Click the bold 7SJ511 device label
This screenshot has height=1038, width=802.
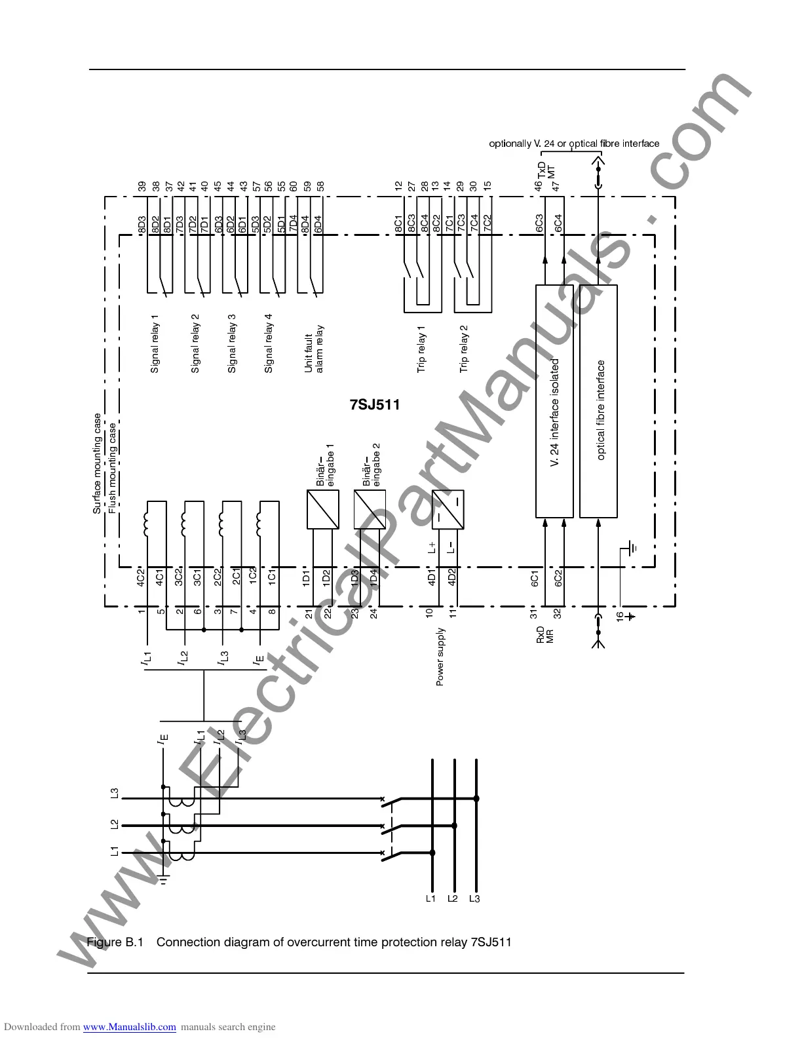(375, 404)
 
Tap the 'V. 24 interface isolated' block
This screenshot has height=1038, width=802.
(554, 401)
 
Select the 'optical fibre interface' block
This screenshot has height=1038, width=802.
(598, 401)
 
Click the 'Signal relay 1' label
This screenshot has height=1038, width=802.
(155, 344)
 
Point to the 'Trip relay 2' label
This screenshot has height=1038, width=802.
(464, 349)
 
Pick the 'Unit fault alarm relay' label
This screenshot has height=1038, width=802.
(314, 349)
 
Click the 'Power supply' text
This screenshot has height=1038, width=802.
(440, 657)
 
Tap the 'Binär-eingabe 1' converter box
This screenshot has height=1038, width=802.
(323, 509)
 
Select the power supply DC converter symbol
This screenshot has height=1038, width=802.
(448, 509)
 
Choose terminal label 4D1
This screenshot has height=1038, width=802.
(431, 579)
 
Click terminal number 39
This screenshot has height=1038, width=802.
(142, 186)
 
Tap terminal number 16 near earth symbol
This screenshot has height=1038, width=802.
(619, 615)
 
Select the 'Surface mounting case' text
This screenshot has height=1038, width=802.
(97, 463)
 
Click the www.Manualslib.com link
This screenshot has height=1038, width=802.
(129, 1027)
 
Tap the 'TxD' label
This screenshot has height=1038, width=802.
(541, 169)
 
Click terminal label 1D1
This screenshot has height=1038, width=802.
(306, 579)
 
